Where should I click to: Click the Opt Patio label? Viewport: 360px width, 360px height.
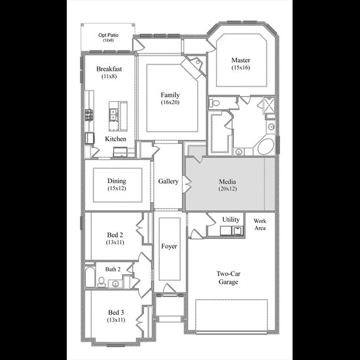pos(109,35)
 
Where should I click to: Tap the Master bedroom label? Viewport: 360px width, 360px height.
pos(241,60)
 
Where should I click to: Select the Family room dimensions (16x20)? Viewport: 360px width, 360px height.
pos(170,102)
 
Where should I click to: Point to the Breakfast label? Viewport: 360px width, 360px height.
pos(109,69)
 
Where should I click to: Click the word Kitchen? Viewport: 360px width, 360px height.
pos(115,139)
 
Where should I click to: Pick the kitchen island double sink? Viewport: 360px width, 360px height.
pos(113,115)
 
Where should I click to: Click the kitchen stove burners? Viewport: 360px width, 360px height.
pos(89,115)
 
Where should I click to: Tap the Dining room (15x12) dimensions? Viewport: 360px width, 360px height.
pos(117,189)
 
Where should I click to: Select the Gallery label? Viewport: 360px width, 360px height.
pos(168,181)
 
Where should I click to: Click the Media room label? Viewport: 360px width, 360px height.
pos(227,181)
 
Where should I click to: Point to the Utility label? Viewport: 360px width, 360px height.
pos(231,220)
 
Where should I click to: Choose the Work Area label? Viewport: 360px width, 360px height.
pos(260,225)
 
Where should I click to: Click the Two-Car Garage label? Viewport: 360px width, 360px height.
pos(228,278)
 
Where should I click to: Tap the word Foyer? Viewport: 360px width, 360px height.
pos(170,246)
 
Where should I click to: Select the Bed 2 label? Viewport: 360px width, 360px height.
pos(115,235)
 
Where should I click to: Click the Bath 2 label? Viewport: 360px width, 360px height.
pos(113,269)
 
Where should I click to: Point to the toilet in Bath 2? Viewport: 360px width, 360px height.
pos(101,282)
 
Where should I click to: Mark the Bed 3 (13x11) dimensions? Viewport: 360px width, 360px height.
pos(116,320)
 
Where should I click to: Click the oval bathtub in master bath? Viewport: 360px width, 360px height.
pos(266,146)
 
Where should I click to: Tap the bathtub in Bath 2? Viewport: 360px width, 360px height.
pos(90,277)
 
